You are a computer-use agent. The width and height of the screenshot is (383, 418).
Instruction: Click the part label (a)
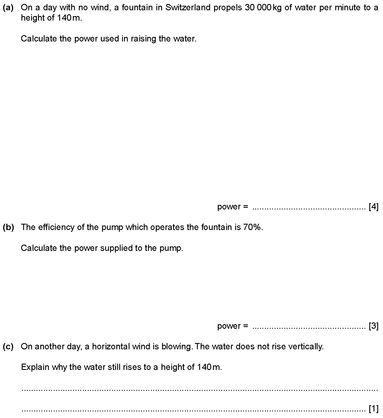(x=8, y=8)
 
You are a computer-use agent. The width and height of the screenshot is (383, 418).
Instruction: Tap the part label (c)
(x=8, y=346)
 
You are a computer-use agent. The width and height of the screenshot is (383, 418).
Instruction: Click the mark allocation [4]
(x=374, y=207)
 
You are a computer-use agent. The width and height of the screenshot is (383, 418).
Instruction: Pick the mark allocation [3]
(x=374, y=326)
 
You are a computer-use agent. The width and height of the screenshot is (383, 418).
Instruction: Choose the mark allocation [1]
(x=374, y=409)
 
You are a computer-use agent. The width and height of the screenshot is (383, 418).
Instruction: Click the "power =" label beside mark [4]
(x=233, y=207)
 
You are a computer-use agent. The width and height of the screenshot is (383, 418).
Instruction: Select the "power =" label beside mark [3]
(x=233, y=326)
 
